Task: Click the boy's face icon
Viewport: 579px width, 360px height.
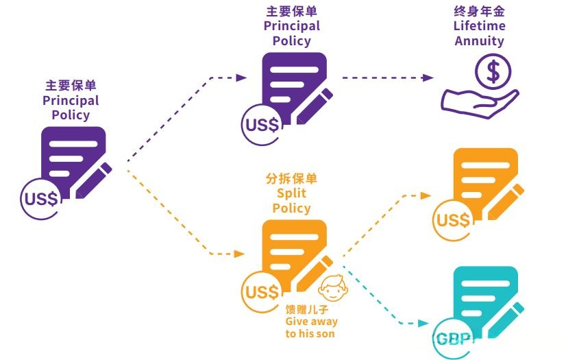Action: (333, 289)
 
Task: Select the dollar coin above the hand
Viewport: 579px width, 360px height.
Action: (493, 72)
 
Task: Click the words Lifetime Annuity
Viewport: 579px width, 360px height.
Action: (479, 33)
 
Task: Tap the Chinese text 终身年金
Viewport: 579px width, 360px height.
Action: (479, 12)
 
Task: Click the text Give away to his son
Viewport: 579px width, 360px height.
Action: (311, 327)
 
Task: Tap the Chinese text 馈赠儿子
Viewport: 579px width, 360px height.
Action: (302, 309)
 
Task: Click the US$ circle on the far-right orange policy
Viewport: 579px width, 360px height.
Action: (453, 220)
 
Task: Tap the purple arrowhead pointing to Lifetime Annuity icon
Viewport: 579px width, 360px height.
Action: (428, 77)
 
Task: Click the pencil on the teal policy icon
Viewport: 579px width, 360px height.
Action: (510, 317)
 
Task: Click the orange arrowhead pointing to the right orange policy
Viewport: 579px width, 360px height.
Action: (428, 195)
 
